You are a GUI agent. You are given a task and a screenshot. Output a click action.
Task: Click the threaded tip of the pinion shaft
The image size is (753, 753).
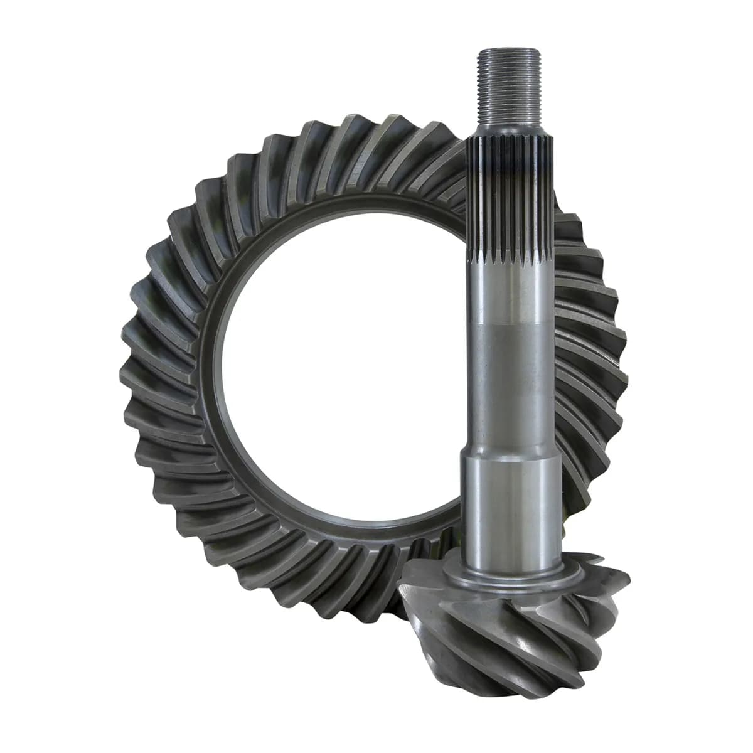508,88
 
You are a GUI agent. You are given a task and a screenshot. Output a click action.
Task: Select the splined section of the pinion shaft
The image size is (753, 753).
510,207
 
